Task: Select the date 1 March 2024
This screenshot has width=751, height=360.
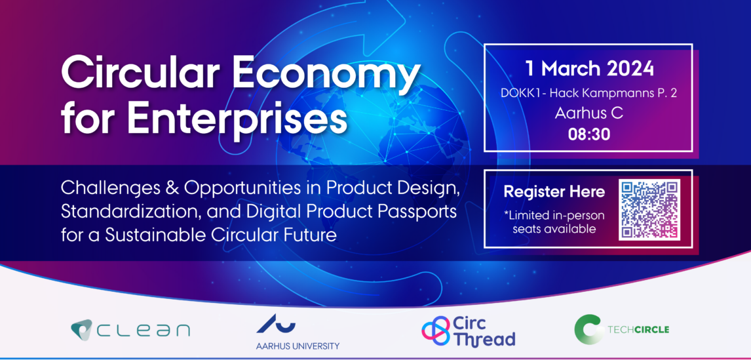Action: [x=589, y=69]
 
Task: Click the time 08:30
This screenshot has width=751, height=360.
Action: [x=589, y=134]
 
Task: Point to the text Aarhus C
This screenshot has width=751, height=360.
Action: [x=588, y=113]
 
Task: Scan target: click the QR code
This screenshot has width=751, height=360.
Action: [x=650, y=209]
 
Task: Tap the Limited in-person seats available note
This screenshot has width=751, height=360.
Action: [x=554, y=222]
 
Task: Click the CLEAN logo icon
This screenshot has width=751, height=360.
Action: [x=82, y=330]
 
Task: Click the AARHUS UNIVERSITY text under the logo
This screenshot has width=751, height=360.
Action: [x=298, y=346]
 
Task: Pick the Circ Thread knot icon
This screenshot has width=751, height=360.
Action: [x=435, y=330]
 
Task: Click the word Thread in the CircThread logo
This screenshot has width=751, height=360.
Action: [x=484, y=338]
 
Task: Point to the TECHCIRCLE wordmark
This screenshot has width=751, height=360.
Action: [x=638, y=330]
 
